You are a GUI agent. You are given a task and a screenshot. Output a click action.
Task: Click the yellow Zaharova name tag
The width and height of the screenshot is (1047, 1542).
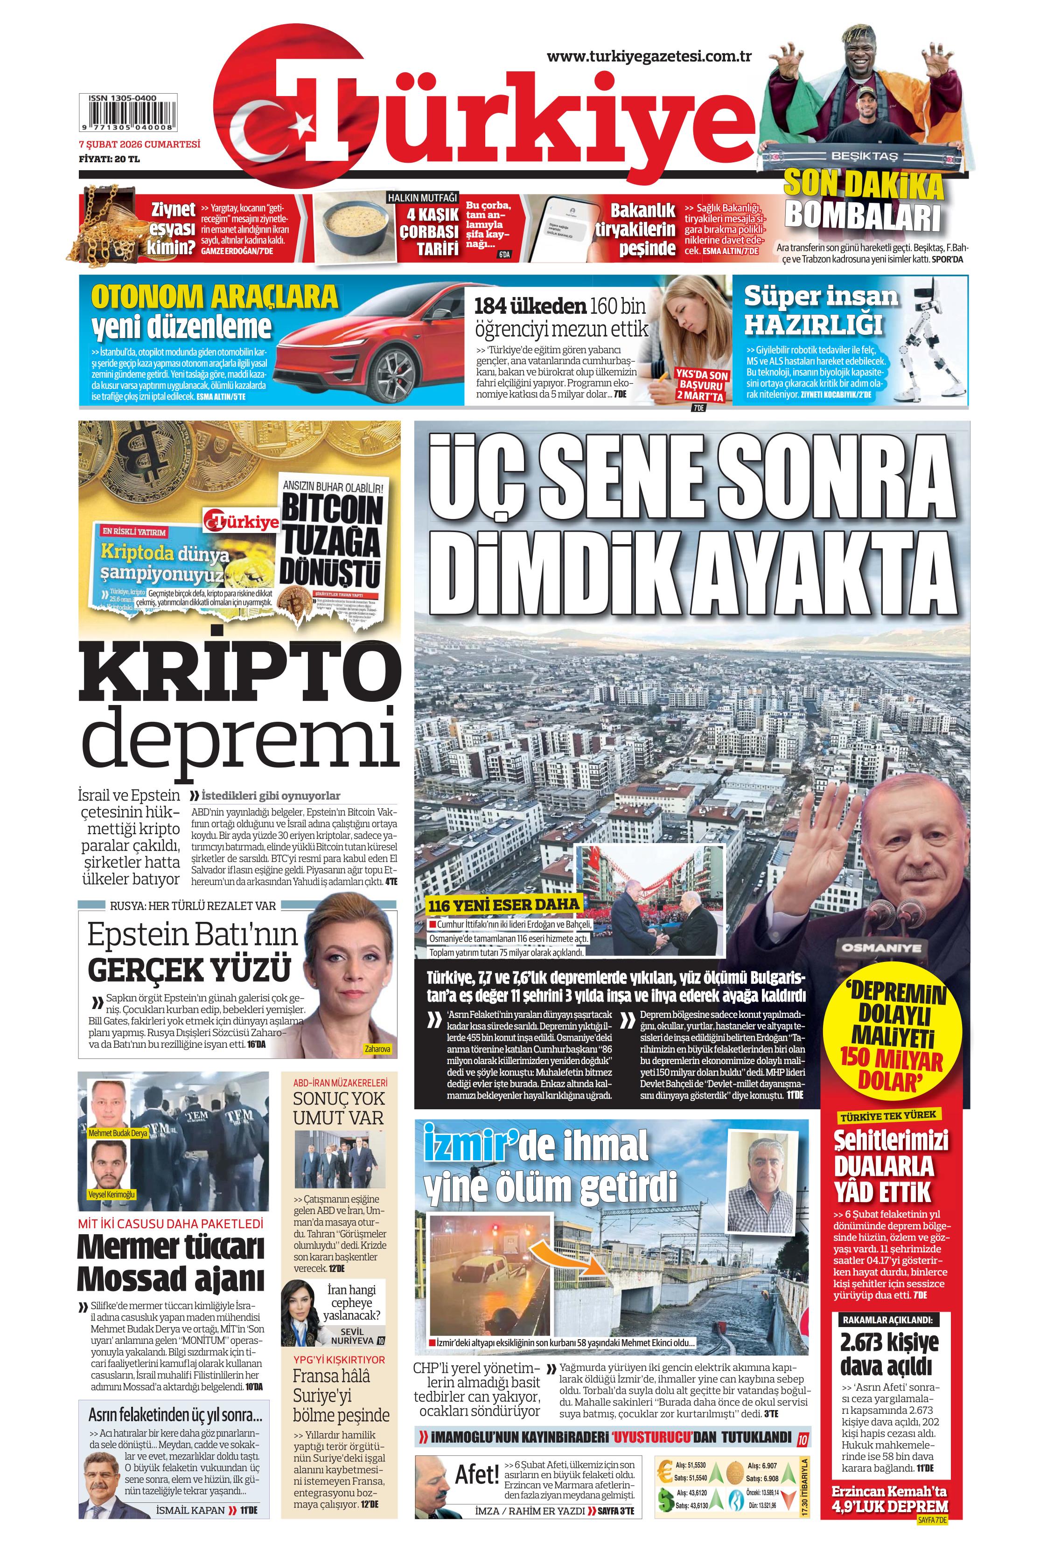coord(377,1049)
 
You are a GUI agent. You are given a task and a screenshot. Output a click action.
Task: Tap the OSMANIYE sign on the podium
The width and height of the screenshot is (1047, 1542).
coord(882,947)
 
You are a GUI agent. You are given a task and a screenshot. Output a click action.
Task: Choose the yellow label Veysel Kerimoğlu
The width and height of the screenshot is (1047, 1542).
coord(112,1194)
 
